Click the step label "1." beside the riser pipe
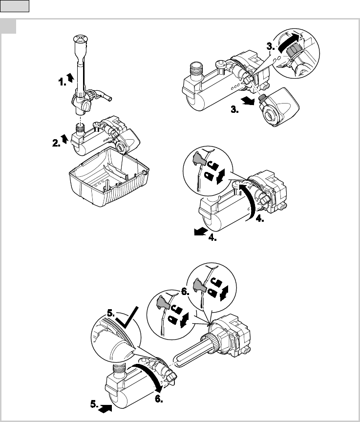(63, 82)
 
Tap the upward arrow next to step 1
(70, 78)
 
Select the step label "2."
(56, 143)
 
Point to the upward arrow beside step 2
(64, 139)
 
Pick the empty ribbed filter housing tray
(109, 176)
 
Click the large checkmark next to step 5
(127, 318)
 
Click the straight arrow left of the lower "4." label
(201, 232)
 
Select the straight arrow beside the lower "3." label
(248, 102)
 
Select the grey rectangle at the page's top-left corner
(15, 6)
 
